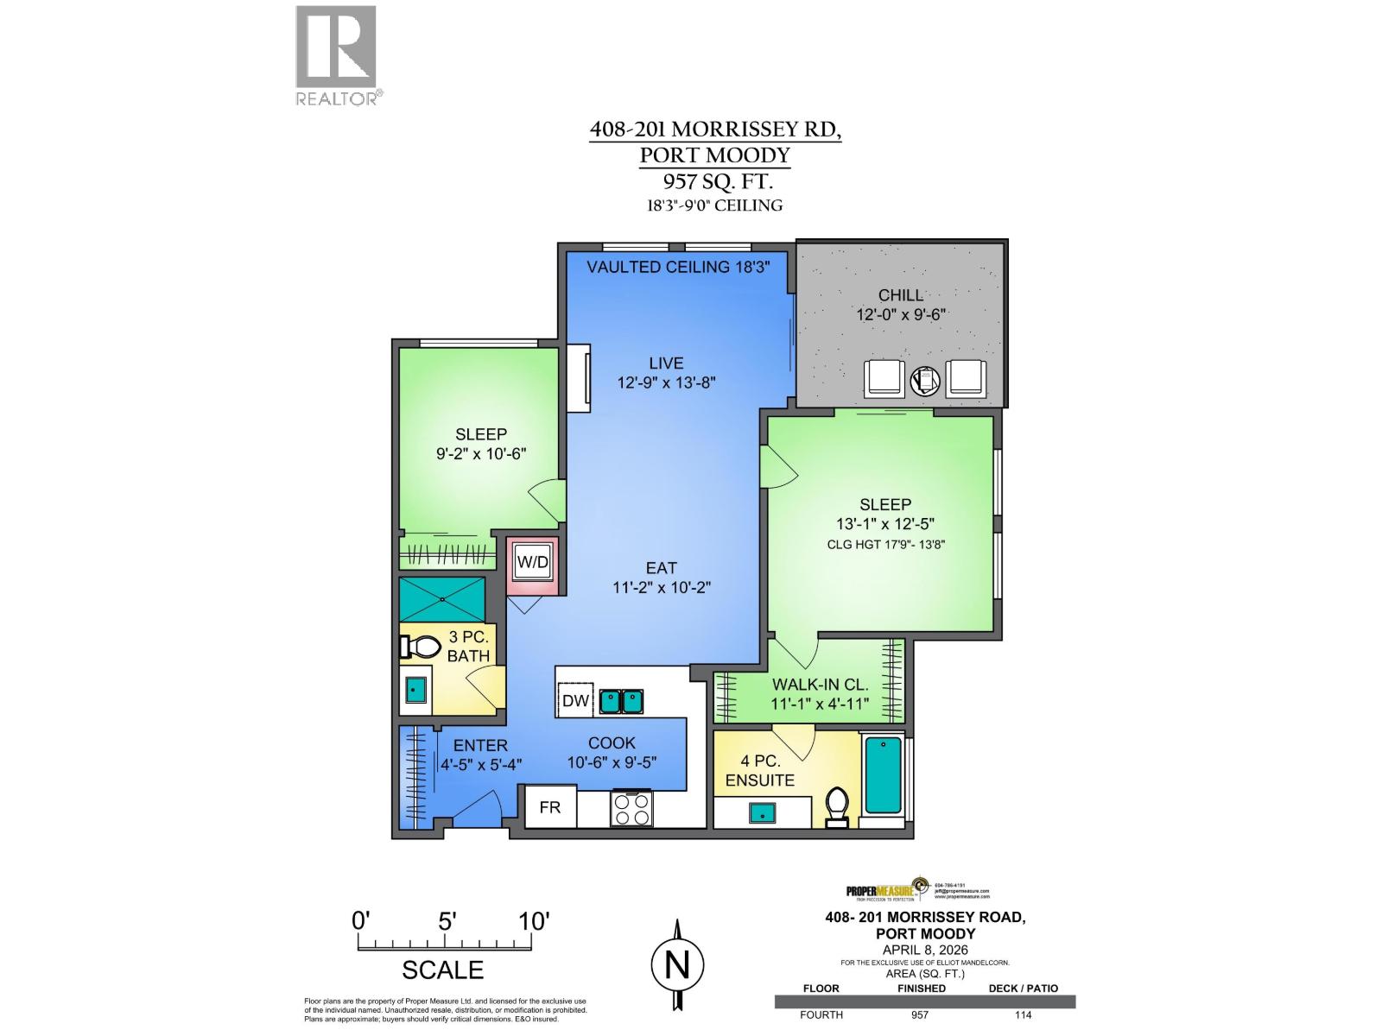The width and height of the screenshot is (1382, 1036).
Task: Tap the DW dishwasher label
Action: tap(575, 701)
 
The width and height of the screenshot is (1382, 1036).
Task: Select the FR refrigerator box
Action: tap(550, 807)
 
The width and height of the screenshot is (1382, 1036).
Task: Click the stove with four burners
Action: tap(631, 810)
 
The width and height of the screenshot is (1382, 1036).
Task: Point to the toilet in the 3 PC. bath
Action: tap(419, 647)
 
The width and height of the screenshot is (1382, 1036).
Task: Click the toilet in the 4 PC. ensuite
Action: tap(836, 806)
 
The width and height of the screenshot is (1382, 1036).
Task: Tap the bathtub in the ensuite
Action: tap(882, 775)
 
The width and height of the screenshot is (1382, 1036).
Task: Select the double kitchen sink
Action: tap(622, 701)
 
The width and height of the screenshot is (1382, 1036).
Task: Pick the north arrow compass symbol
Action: tap(677, 963)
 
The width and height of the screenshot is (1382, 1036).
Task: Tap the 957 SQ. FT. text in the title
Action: tap(714, 182)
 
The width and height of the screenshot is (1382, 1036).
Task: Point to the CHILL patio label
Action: tap(901, 294)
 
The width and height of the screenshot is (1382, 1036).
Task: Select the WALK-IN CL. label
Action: tap(815, 684)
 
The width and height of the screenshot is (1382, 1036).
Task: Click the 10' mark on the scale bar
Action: tap(534, 921)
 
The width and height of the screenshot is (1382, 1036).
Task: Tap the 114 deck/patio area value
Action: tap(1023, 1014)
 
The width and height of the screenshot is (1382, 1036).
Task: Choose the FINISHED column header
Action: tap(921, 989)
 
